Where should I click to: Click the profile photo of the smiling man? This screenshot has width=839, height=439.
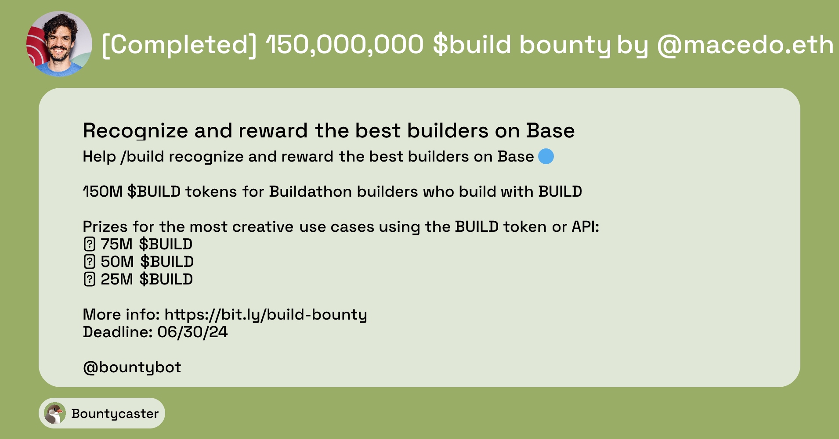click(59, 44)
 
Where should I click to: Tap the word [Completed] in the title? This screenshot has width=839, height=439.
click(179, 45)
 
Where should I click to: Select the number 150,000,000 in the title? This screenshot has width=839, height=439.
click(345, 45)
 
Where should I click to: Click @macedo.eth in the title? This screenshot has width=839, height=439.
click(745, 45)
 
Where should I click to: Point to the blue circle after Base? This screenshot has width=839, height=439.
click(546, 156)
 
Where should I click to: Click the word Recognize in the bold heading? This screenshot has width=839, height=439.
click(135, 131)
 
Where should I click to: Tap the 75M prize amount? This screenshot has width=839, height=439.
click(116, 244)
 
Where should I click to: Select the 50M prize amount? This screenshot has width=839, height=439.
click(117, 262)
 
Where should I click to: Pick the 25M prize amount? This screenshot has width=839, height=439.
click(116, 279)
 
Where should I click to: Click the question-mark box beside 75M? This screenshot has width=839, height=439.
click(89, 244)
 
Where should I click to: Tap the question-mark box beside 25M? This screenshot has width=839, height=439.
click(89, 279)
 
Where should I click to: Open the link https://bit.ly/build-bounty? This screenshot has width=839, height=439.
click(266, 315)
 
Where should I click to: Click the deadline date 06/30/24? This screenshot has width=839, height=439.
click(192, 332)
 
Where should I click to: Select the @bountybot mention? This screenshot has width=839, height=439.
click(132, 367)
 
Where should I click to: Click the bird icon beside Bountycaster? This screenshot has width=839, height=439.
click(55, 413)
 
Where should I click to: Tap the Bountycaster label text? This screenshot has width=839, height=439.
click(115, 414)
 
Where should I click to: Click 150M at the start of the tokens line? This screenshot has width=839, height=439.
click(103, 192)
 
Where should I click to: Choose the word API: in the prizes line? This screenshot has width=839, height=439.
click(585, 227)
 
